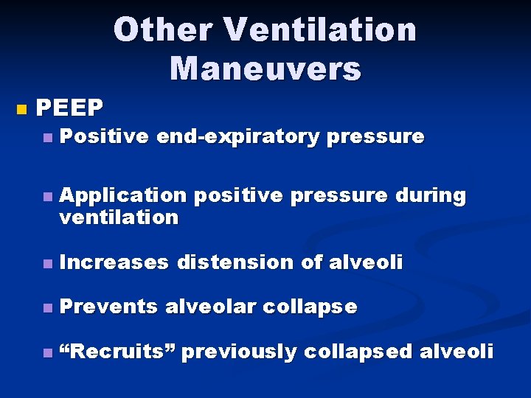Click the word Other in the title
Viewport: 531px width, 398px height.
[162, 30]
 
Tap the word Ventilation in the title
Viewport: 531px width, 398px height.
[322, 30]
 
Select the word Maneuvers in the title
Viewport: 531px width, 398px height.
[265, 69]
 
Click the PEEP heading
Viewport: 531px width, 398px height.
[70, 108]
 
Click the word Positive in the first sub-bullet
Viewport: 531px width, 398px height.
[104, 136]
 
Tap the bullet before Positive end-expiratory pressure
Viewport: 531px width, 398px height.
[48, 138]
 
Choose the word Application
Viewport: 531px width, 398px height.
[123, 195]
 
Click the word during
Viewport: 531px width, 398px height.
[431, 195]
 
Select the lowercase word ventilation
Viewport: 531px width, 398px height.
[119, 217]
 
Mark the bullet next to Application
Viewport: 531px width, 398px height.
[48, 197]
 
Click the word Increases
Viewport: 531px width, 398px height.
[114, 262]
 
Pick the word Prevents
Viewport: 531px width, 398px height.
[108, 307]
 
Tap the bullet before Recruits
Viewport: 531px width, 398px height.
[48, 353]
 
